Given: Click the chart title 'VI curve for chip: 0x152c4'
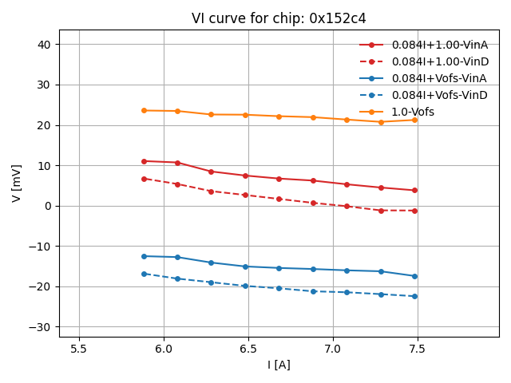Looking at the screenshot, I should (x=279, y=18).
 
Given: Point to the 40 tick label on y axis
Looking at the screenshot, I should (x=45, y=45).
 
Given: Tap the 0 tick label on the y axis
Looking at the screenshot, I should (x=48, y=206).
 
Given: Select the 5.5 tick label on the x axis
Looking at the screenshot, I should (x=79, y=349).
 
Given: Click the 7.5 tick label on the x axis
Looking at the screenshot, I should (x=418, y=349).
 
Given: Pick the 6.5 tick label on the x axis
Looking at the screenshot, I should (x=248, y=349).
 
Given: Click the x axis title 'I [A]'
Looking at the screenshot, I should (x=279, y=365).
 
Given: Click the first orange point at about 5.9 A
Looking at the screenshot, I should (x=144, y=110).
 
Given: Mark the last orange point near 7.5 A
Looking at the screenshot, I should (x=414, y=120).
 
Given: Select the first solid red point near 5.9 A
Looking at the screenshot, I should (x=144, y=161).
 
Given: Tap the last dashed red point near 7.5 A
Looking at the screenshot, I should (x=414, y=211).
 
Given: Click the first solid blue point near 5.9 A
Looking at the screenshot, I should (x=144, y=256).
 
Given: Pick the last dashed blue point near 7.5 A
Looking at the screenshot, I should (x=414, y=296).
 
